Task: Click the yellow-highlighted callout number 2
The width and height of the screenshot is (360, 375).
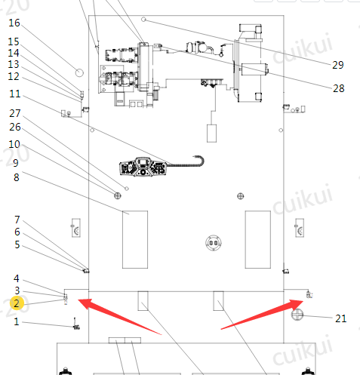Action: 17,303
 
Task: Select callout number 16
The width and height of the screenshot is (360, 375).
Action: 14,23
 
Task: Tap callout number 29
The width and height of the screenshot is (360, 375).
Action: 338,65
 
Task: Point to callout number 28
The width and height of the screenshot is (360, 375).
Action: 339,88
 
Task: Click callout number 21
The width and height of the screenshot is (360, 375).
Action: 341,318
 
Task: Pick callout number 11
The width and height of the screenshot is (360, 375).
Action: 15,94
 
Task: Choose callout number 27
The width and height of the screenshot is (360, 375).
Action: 15,113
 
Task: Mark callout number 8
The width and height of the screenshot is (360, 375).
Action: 17,177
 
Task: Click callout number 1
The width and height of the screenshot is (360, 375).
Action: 17,321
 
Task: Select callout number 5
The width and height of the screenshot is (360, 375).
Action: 17,244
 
